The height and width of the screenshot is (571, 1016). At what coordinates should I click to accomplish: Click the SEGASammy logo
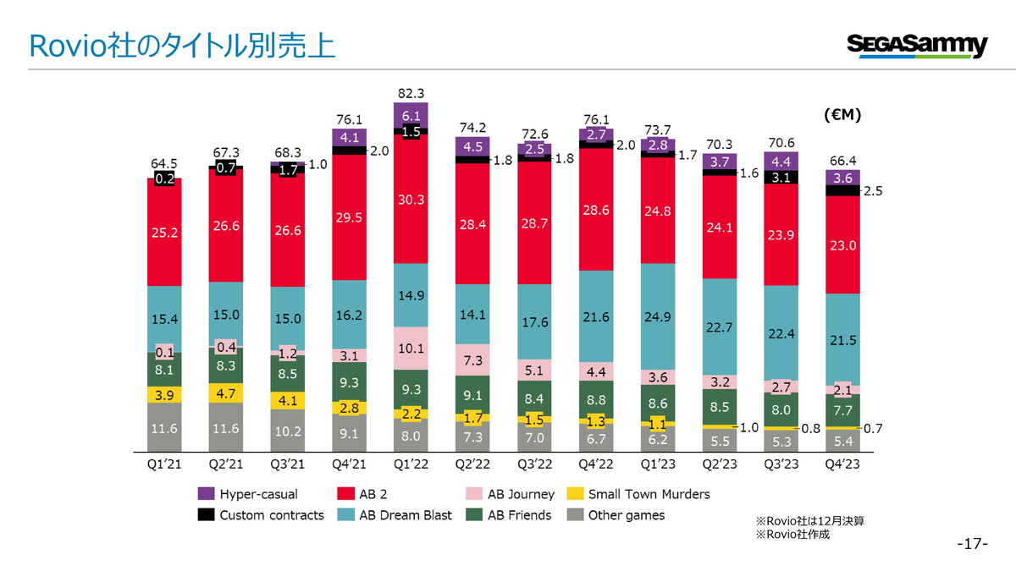pyautogui.click(x=916, y=46)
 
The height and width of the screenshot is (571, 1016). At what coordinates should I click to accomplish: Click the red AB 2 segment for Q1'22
pyautogui.click(x=411, y=199)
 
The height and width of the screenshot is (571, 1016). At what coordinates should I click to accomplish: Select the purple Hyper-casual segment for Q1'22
pyautogui.click(x=411, y=115)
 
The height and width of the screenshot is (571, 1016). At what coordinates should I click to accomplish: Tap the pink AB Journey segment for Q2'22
pyautogui.click(x=472, y=360)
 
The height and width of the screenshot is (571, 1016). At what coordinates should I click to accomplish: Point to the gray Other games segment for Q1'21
pyautogui.click(x=164, y=428)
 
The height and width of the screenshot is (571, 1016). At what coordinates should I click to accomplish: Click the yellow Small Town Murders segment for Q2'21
pyautogui.click(x=226, y=393)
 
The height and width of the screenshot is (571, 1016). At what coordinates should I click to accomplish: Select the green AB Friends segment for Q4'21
pyautogui.click(x=349, y=382)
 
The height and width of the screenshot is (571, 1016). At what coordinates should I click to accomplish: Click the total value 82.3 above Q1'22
pyautogui.click(x=411, y=93)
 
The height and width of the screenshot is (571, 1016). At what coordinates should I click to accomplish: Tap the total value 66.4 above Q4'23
pyautogui.click(x=842, y=160)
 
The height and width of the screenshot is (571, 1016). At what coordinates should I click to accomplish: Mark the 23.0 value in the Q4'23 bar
pyautogui.click(x=842, y=245)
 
